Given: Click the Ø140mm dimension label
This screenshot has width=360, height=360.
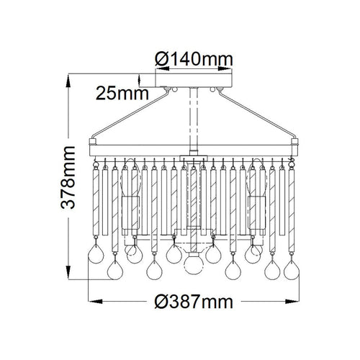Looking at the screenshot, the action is (194, 59).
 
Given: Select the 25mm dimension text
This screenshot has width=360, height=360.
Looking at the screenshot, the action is (122, 94).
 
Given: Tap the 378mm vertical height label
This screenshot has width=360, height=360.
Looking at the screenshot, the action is (68, 177).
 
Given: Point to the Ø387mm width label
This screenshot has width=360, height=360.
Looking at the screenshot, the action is (194, 302).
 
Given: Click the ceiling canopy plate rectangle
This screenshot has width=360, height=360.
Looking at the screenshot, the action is (194, 81).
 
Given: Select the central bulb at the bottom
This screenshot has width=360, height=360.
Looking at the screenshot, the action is (194, 264).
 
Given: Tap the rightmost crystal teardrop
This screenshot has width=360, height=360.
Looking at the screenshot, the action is (292, 269).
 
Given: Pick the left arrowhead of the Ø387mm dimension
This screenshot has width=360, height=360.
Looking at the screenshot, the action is (95, 302).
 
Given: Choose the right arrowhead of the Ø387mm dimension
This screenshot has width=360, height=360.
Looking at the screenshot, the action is (292, 302).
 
